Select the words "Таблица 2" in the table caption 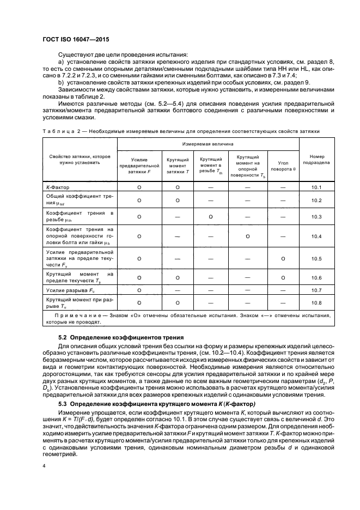pyautogui.click(x=57, y=131)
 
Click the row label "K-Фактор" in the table pyautogui.click(x=58, y=187)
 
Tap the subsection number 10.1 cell pyautogui.click(x=316, y=187)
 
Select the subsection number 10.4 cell pyautogui.click(x=316, y=236)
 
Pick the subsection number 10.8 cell pyautogui.click(x=316, y=302)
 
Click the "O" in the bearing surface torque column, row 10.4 pyautogui.click(x=247, y=236)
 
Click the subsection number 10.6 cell pyautogui.click(x=316, y=277)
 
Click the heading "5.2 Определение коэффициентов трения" pyautogui.click(x=120, y=337)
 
